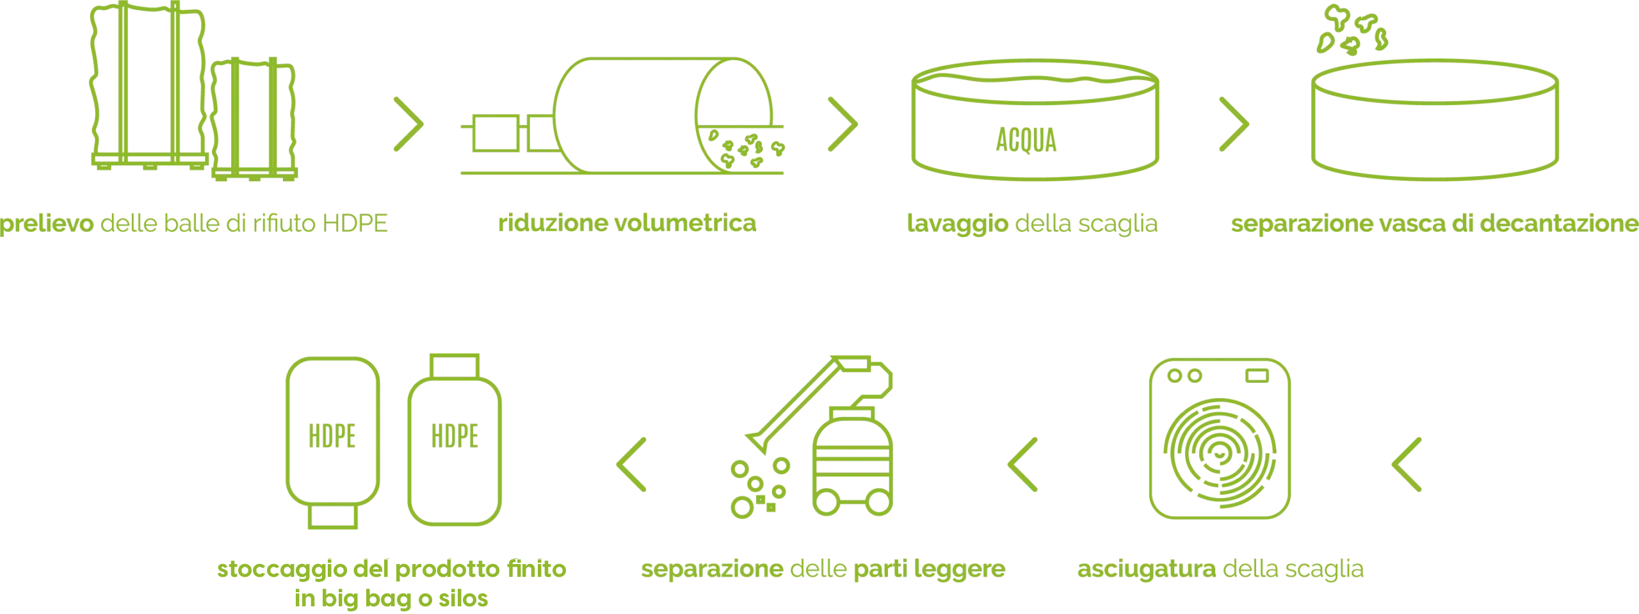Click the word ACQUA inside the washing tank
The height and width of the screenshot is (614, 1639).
pyautogui.click(x=1026, y=140)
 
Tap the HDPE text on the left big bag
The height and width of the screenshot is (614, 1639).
pyautogui.click(x=332, y=436)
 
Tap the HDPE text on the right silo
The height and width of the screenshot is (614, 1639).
pyautogui.click(x=455, y=436)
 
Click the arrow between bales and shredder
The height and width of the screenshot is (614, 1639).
pyautogui.click(x=407, y=124)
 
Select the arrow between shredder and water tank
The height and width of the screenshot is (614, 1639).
pyautogui.click(x=843, y=124)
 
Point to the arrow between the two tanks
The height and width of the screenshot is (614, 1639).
pyautogui.click(x=1234, y=124)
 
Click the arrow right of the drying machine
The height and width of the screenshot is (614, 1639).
pyautogui.click(x=1406, y=465)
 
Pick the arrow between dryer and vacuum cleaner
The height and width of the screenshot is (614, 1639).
pyautogui.click(x=1022, y=465)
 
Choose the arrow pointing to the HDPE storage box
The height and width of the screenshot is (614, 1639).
pyautogui.click(x=633, y=465)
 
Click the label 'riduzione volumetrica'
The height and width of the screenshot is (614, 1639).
pyautogui.click(x=627, y=223)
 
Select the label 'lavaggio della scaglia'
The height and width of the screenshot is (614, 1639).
pyautogui.click(x=1032, y=223)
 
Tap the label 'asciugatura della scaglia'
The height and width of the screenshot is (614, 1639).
pyautogui.click(x=1221, y=569)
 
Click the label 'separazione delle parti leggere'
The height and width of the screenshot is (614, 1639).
pyautogui.click(x=824, y=569)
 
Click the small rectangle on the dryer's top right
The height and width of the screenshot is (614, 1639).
pyautogui.click(x=1259, y=375)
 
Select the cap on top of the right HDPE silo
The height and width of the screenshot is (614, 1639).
pyautogui.click(x=455, y=365)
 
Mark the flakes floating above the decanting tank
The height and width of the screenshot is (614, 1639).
pyautogui.click(x=1353, y=31)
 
